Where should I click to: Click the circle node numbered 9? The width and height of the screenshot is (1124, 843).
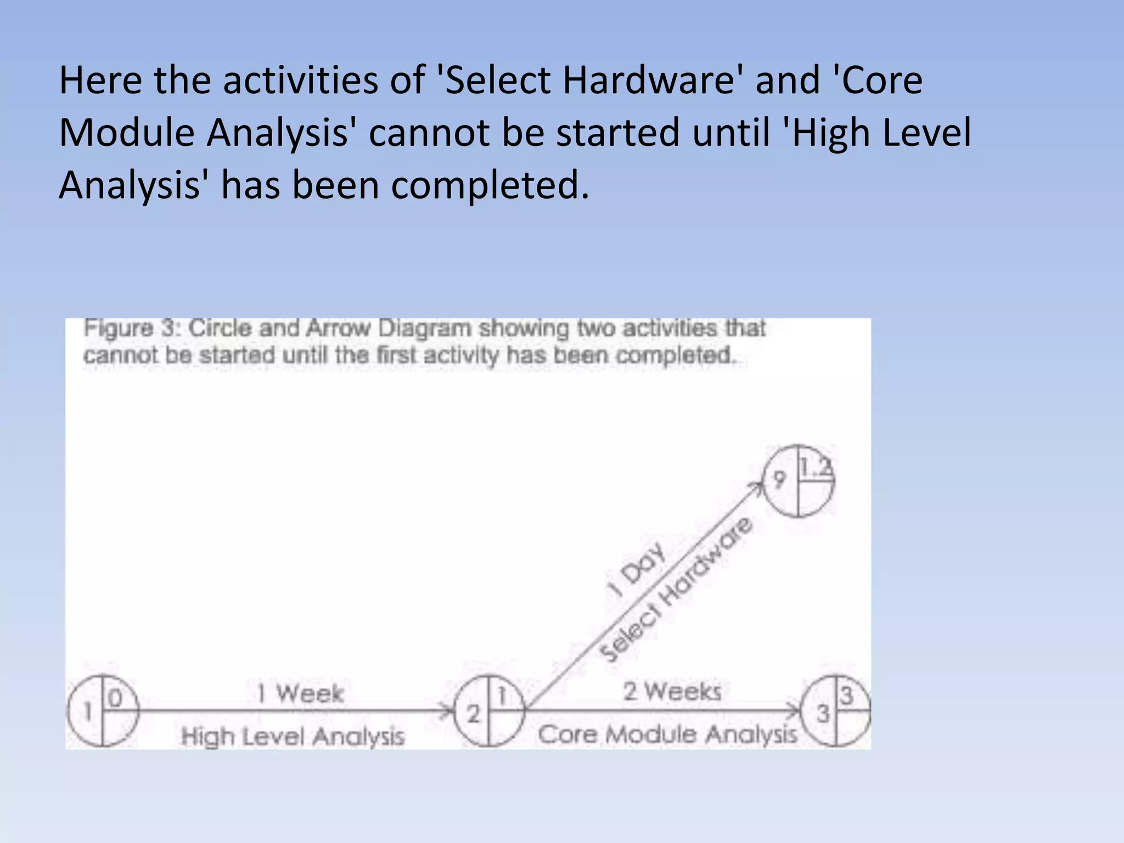click(799, 481)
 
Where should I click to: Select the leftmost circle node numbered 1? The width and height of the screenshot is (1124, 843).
click(103, 711)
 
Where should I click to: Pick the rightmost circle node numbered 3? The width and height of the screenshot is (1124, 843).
click(836, 711)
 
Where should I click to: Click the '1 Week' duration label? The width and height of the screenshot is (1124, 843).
click(301, 693)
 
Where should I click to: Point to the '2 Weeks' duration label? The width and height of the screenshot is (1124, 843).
click(672, 692)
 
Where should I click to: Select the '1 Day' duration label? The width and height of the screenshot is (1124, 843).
click(637, 571)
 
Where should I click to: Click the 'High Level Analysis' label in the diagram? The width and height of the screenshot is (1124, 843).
click(293, 736)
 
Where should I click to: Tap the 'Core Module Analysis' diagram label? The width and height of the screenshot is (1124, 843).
click(667, 734)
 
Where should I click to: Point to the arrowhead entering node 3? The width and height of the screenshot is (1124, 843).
click(796, 711)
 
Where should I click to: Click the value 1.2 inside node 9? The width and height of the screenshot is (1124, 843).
click(816, 468)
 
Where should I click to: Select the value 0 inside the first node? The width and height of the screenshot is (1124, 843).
click(115, 698)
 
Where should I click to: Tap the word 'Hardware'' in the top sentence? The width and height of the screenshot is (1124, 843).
click(650, 81)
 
